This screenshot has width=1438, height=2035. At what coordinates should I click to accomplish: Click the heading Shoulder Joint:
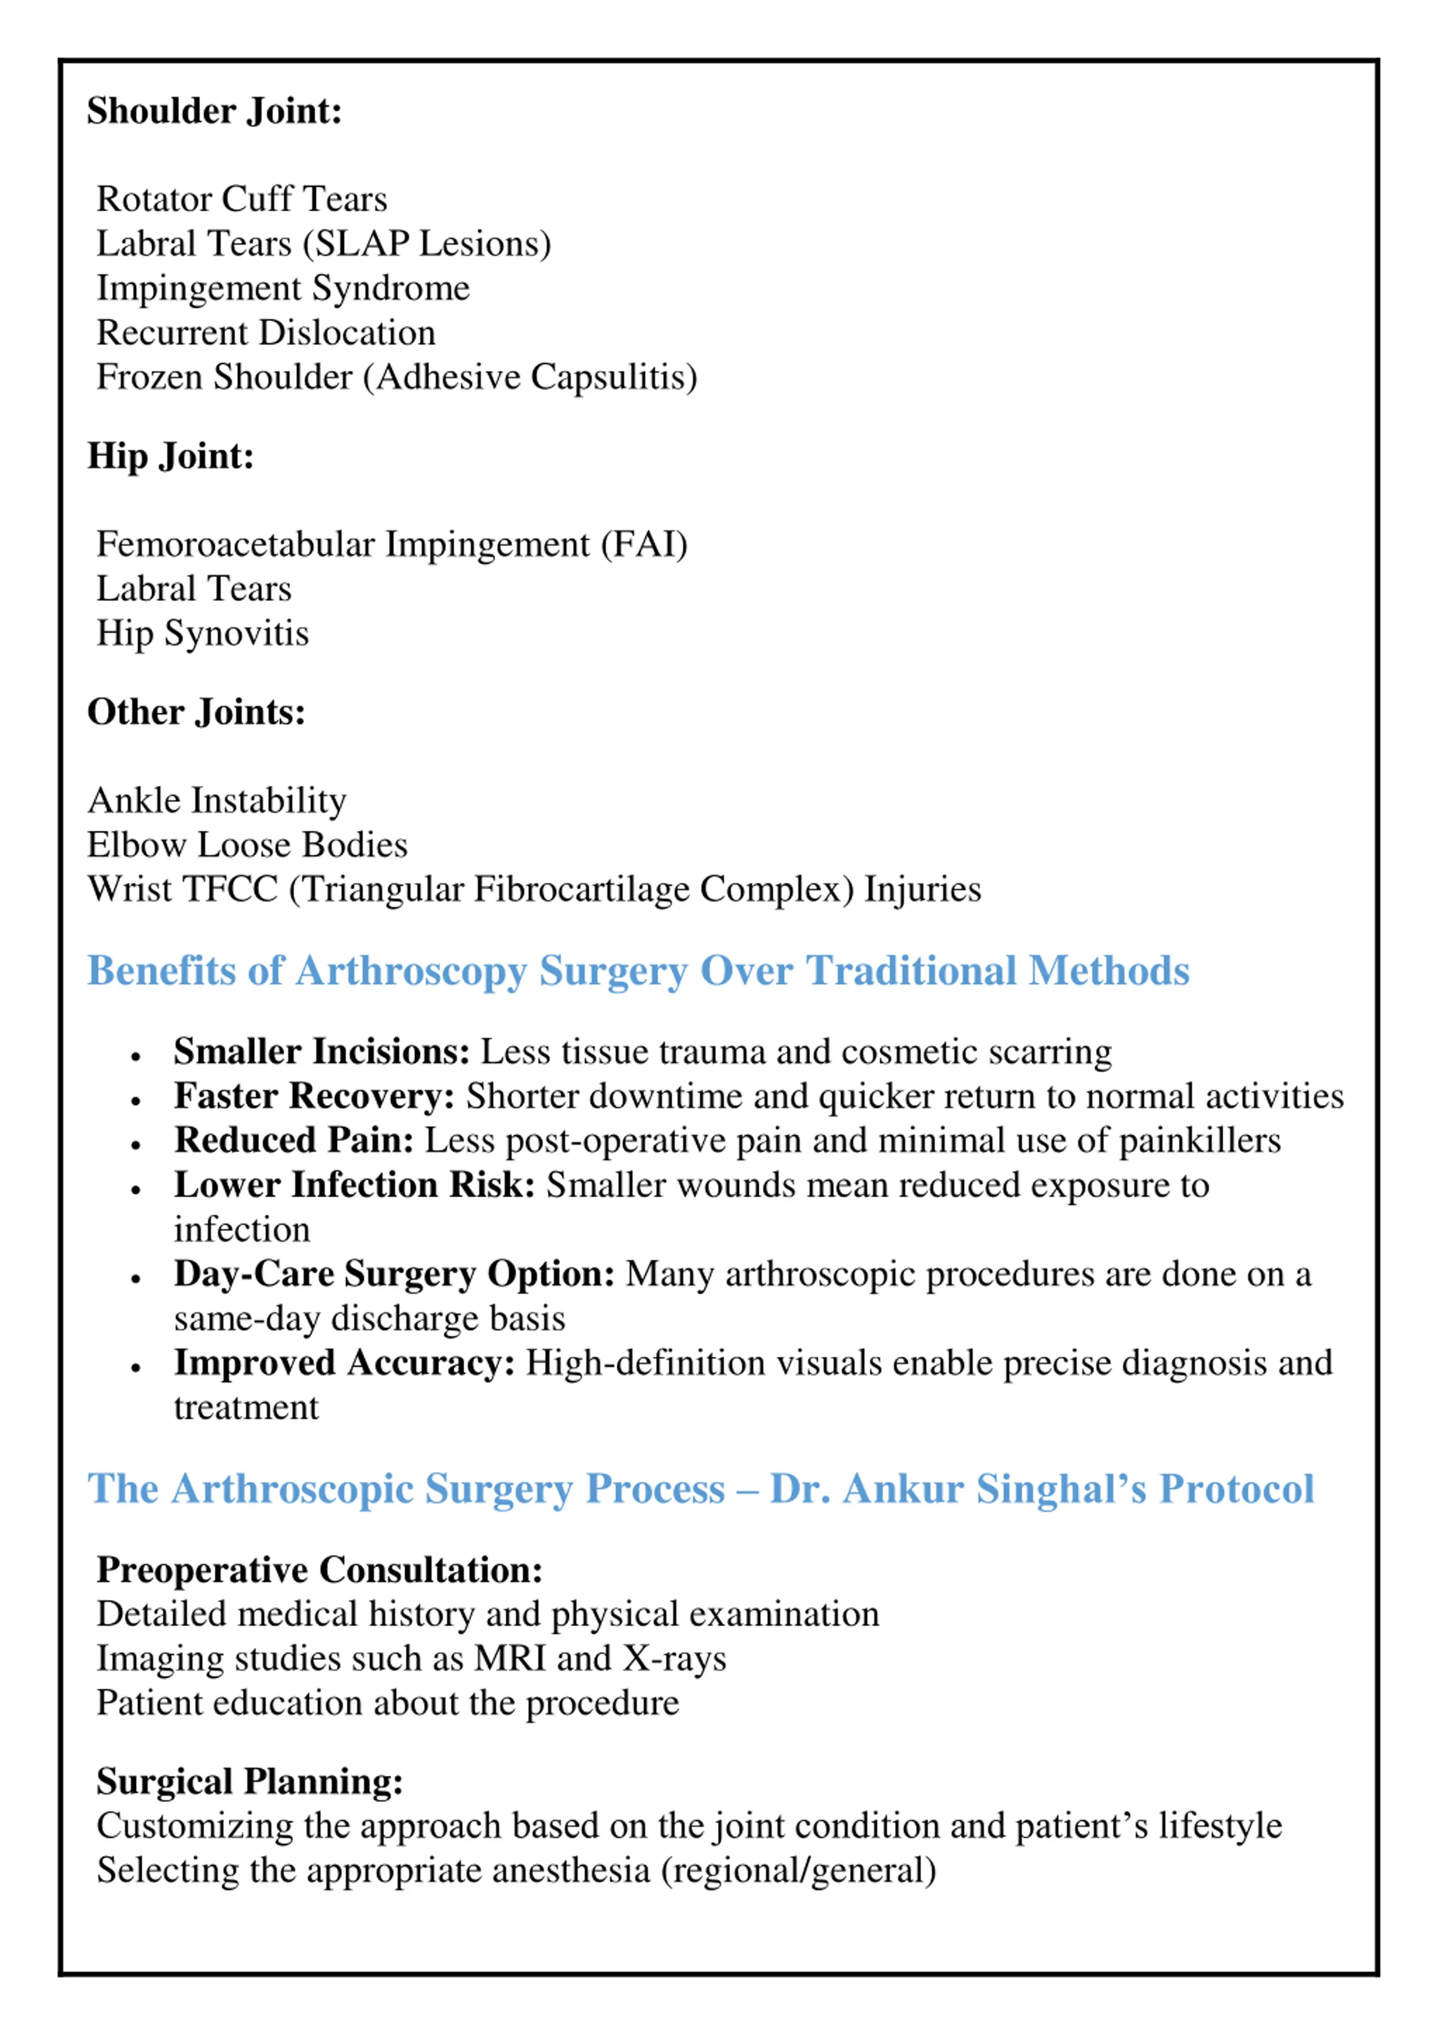click(215, 112)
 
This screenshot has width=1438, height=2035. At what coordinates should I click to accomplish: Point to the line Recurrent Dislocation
click(266, 333)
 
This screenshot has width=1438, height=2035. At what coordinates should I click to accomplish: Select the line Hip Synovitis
click(203, 634)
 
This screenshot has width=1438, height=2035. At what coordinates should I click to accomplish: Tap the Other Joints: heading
click(196, 713)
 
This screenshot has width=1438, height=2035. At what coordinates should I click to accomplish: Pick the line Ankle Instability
click(217, 801)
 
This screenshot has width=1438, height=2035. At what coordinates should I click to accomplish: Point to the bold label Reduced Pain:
click(293, 1141)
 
